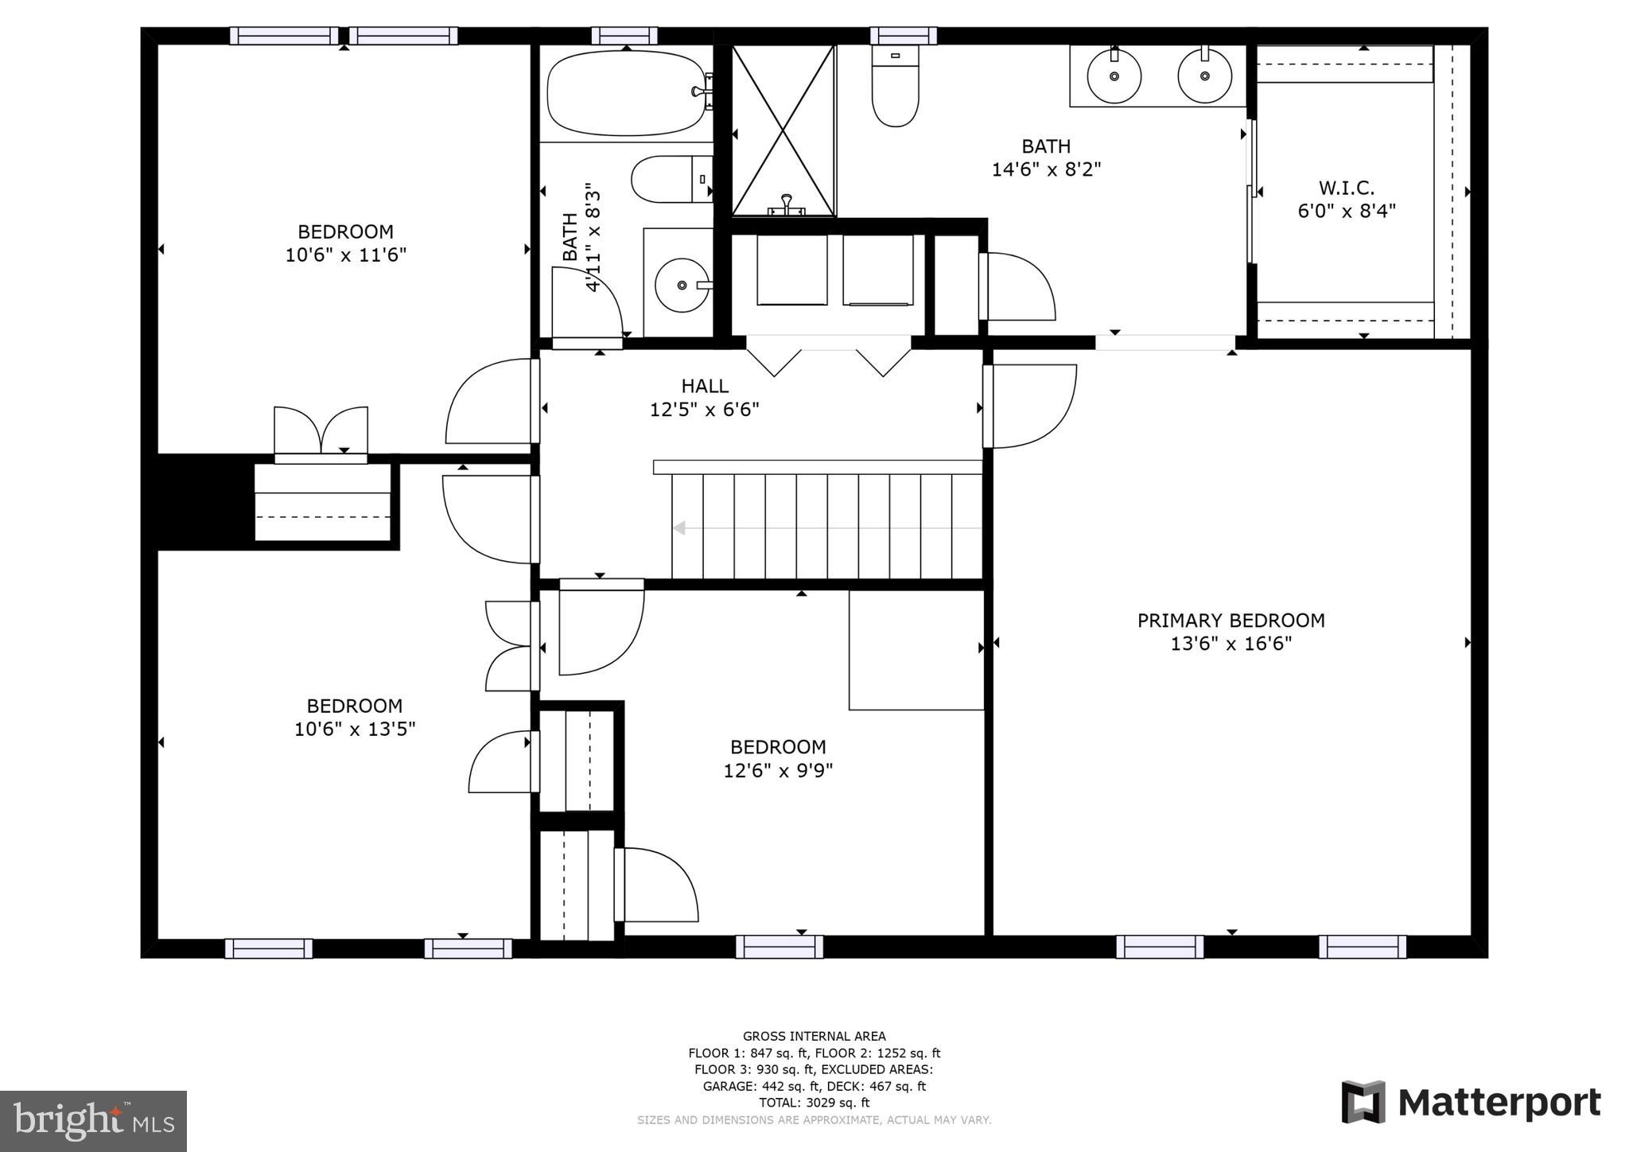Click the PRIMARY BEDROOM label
(1230, 621)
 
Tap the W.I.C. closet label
(1346, 189)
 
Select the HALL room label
(704, 387)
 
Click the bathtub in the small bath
(625, 93)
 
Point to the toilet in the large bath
(895, 88)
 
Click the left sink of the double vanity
(1114, 76)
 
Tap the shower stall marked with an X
(783, 131)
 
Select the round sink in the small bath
(681, 285)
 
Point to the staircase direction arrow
(680, 528)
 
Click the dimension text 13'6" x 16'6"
(1230, 644)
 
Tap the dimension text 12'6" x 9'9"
(778, 771)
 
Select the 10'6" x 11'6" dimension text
(346, 255)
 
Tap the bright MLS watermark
(94, 1121)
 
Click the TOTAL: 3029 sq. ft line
(814, 1103)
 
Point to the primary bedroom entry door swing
(1032, 406)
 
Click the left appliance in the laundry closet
(791, 269)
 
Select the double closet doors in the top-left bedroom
(321, 432)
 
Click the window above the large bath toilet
(903, 36)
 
